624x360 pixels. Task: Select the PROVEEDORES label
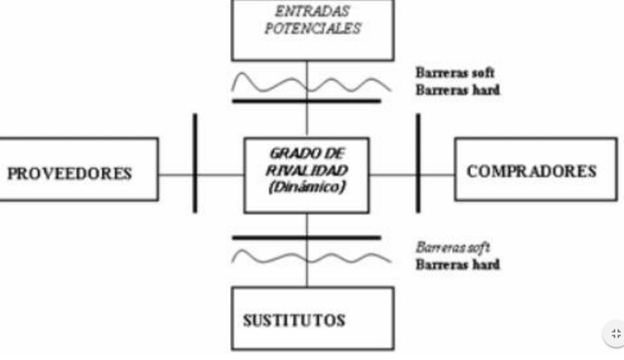69,174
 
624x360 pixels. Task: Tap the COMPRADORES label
531,171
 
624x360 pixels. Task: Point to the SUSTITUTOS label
293,319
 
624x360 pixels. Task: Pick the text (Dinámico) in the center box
307,186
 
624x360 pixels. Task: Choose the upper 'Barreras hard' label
458,91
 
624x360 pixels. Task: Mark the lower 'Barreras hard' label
458,264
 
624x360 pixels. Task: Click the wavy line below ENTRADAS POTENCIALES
273,80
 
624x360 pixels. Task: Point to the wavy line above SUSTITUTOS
273,257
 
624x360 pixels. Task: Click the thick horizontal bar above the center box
306,100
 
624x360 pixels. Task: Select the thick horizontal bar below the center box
306,237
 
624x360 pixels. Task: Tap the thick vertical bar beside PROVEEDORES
195,162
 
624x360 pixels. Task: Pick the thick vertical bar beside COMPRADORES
418,162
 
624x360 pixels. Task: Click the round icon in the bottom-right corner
614,334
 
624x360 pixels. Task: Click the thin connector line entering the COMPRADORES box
438,176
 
